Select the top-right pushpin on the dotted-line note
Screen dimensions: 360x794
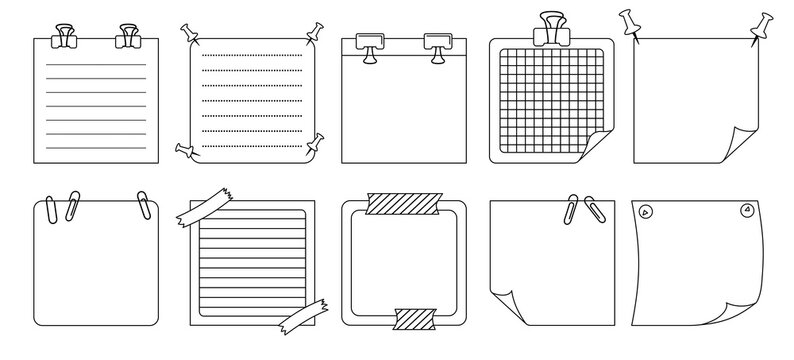[x=317, y=31]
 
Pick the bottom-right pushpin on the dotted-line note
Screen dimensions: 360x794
[x=317, y=142]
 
